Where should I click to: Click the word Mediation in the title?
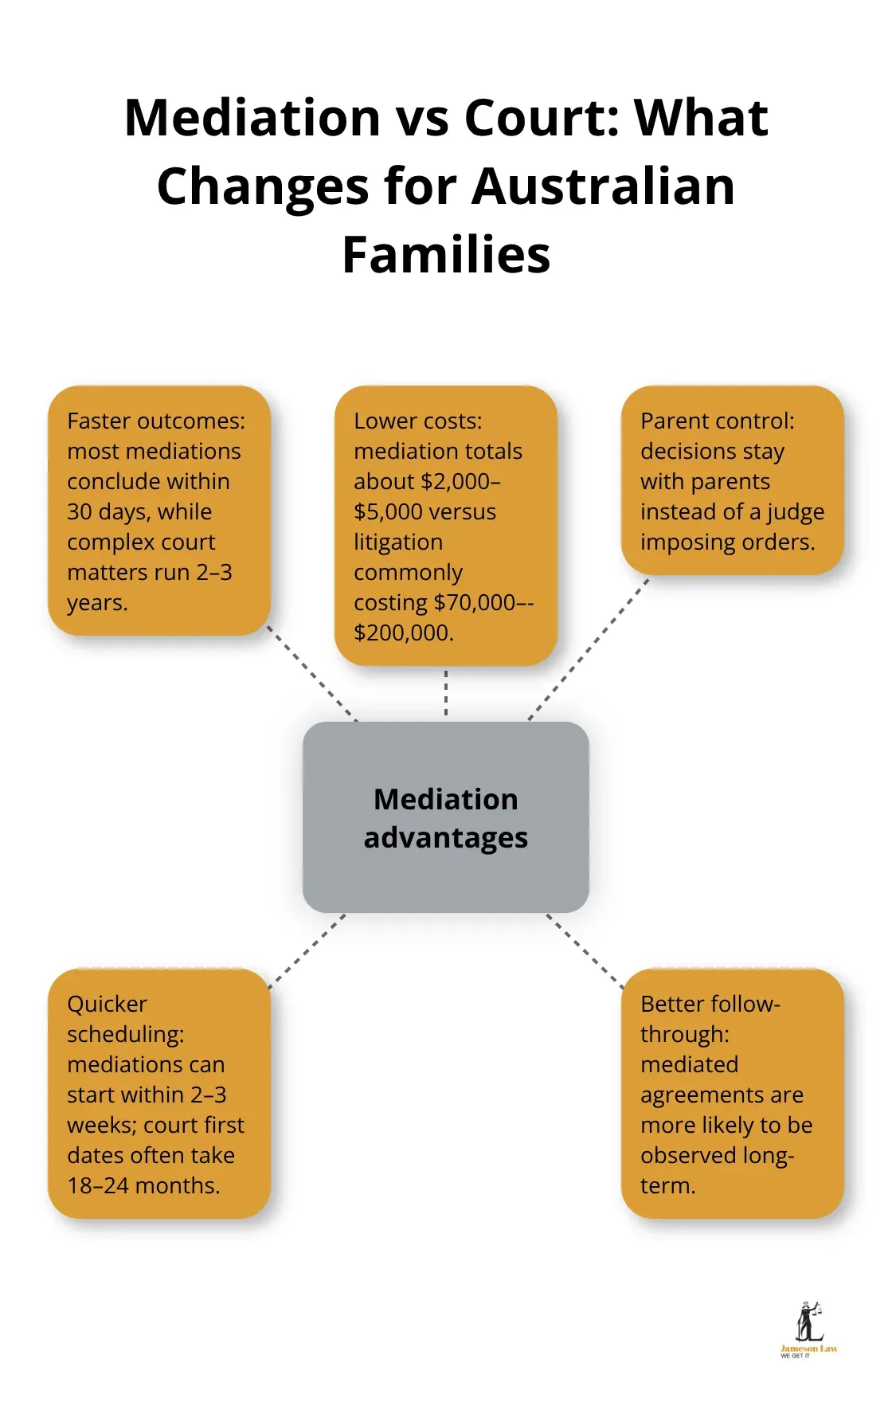tap(252, 118)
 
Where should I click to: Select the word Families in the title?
tap(446, 255)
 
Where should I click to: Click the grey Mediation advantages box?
tap(446, 817)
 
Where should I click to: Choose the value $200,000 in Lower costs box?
tap(402, 633)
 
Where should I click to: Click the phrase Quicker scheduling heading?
tap(125, 1019)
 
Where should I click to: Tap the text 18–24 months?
tap(143, 1185)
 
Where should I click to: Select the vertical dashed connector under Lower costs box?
tap(446, 693)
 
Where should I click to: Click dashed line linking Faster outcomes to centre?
tap(312, 673)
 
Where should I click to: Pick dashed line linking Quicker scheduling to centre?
tap(307, 951)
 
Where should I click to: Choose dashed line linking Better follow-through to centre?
tap(585, 951)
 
